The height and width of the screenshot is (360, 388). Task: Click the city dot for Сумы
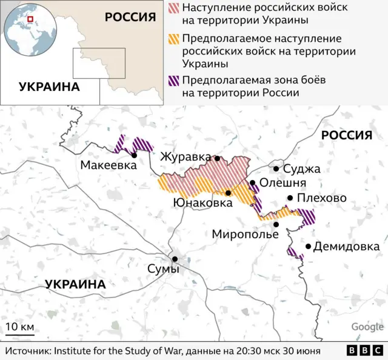[175, 259]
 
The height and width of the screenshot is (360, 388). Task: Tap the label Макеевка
[107, 165]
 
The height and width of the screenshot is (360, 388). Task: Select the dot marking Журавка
[217, 158]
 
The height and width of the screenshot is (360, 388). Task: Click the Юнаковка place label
[202, 203]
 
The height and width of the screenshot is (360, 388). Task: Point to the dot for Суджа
[276, 169]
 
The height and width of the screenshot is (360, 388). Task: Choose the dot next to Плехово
[290, 198]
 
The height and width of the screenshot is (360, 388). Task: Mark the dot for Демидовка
[309, 246]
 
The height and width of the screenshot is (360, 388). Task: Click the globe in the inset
[28, 28]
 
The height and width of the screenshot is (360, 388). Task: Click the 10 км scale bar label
[19, 327]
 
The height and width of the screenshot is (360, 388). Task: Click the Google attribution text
[367, 327]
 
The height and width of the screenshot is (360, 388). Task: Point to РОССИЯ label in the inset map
[130, 16]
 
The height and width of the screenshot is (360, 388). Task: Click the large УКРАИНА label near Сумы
[75, 284]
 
